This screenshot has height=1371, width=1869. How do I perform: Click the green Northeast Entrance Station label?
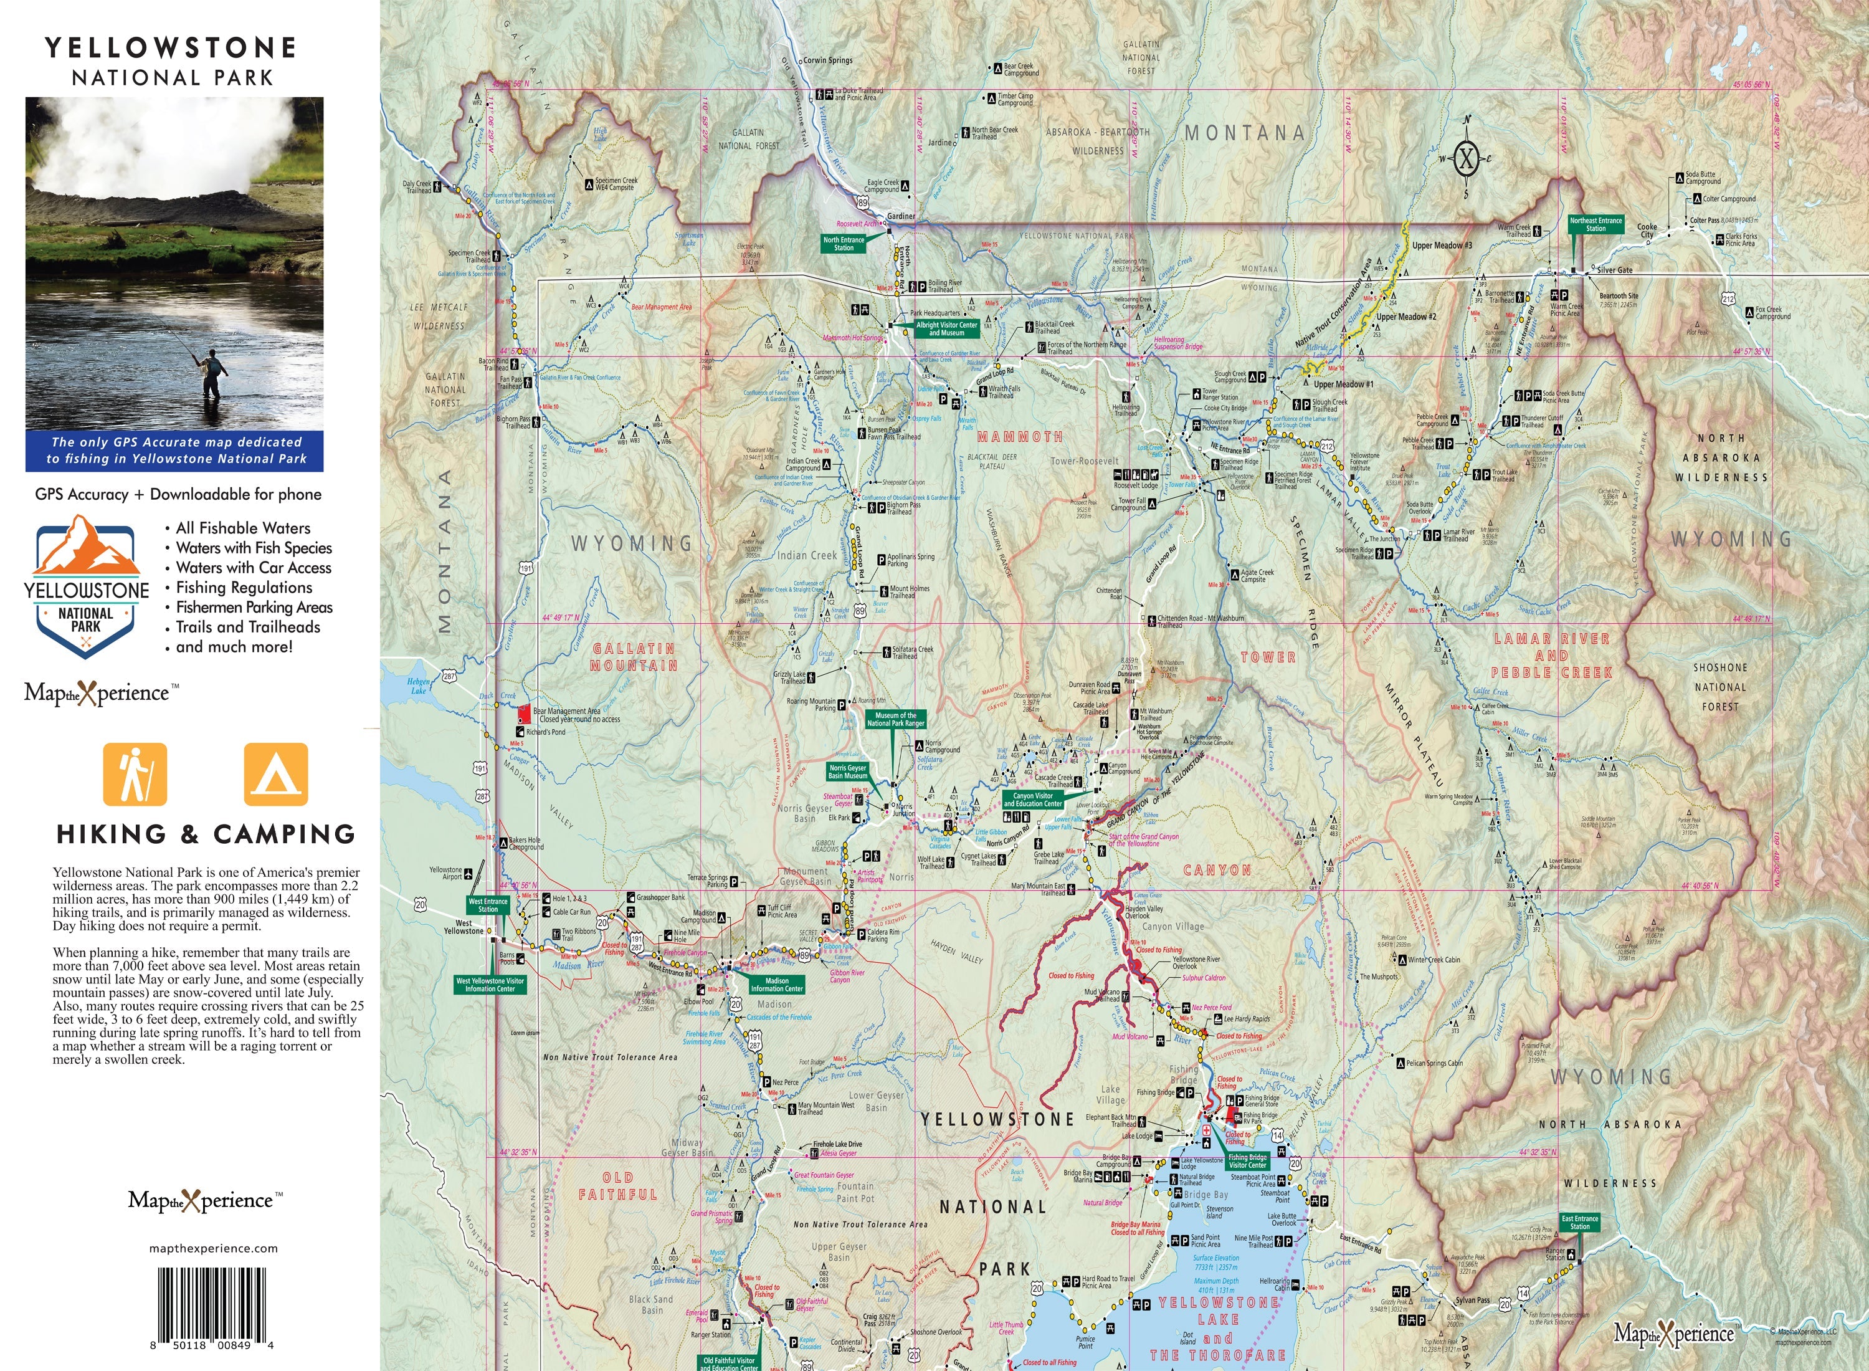click(x=1596, y=224)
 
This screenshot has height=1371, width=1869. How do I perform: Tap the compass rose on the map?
click(x=1466, y=158)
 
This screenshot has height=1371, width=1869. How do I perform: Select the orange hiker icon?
click(x=135, y=774)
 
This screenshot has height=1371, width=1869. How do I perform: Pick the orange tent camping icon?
click(x=275, y=774)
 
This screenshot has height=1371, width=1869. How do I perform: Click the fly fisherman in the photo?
click(x=212, y=373)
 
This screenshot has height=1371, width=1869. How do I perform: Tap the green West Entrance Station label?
click(x=488, y=905)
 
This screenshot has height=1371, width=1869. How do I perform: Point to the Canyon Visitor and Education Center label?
click(x=1033, y=799)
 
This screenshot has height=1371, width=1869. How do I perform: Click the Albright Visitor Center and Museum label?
click(x=946, y=328)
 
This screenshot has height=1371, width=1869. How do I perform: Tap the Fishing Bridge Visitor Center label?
click(x=1248, y=1160)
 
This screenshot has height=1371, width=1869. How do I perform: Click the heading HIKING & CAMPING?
click(x=206, y=834)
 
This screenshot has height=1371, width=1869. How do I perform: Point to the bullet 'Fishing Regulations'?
click(x=244, y=588)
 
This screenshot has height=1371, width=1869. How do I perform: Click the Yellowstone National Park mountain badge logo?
click(x=86, y=586)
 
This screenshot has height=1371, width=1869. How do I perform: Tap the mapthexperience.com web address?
click(x=213, y=1248)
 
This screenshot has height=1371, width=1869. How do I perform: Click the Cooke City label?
click(x=1647, y=230)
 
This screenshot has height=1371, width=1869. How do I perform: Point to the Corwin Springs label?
click(x=827, y=60)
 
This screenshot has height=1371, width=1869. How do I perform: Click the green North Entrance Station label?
click(x=844, y=243)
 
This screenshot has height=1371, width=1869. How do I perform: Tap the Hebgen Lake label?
click(x=418, y=685)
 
